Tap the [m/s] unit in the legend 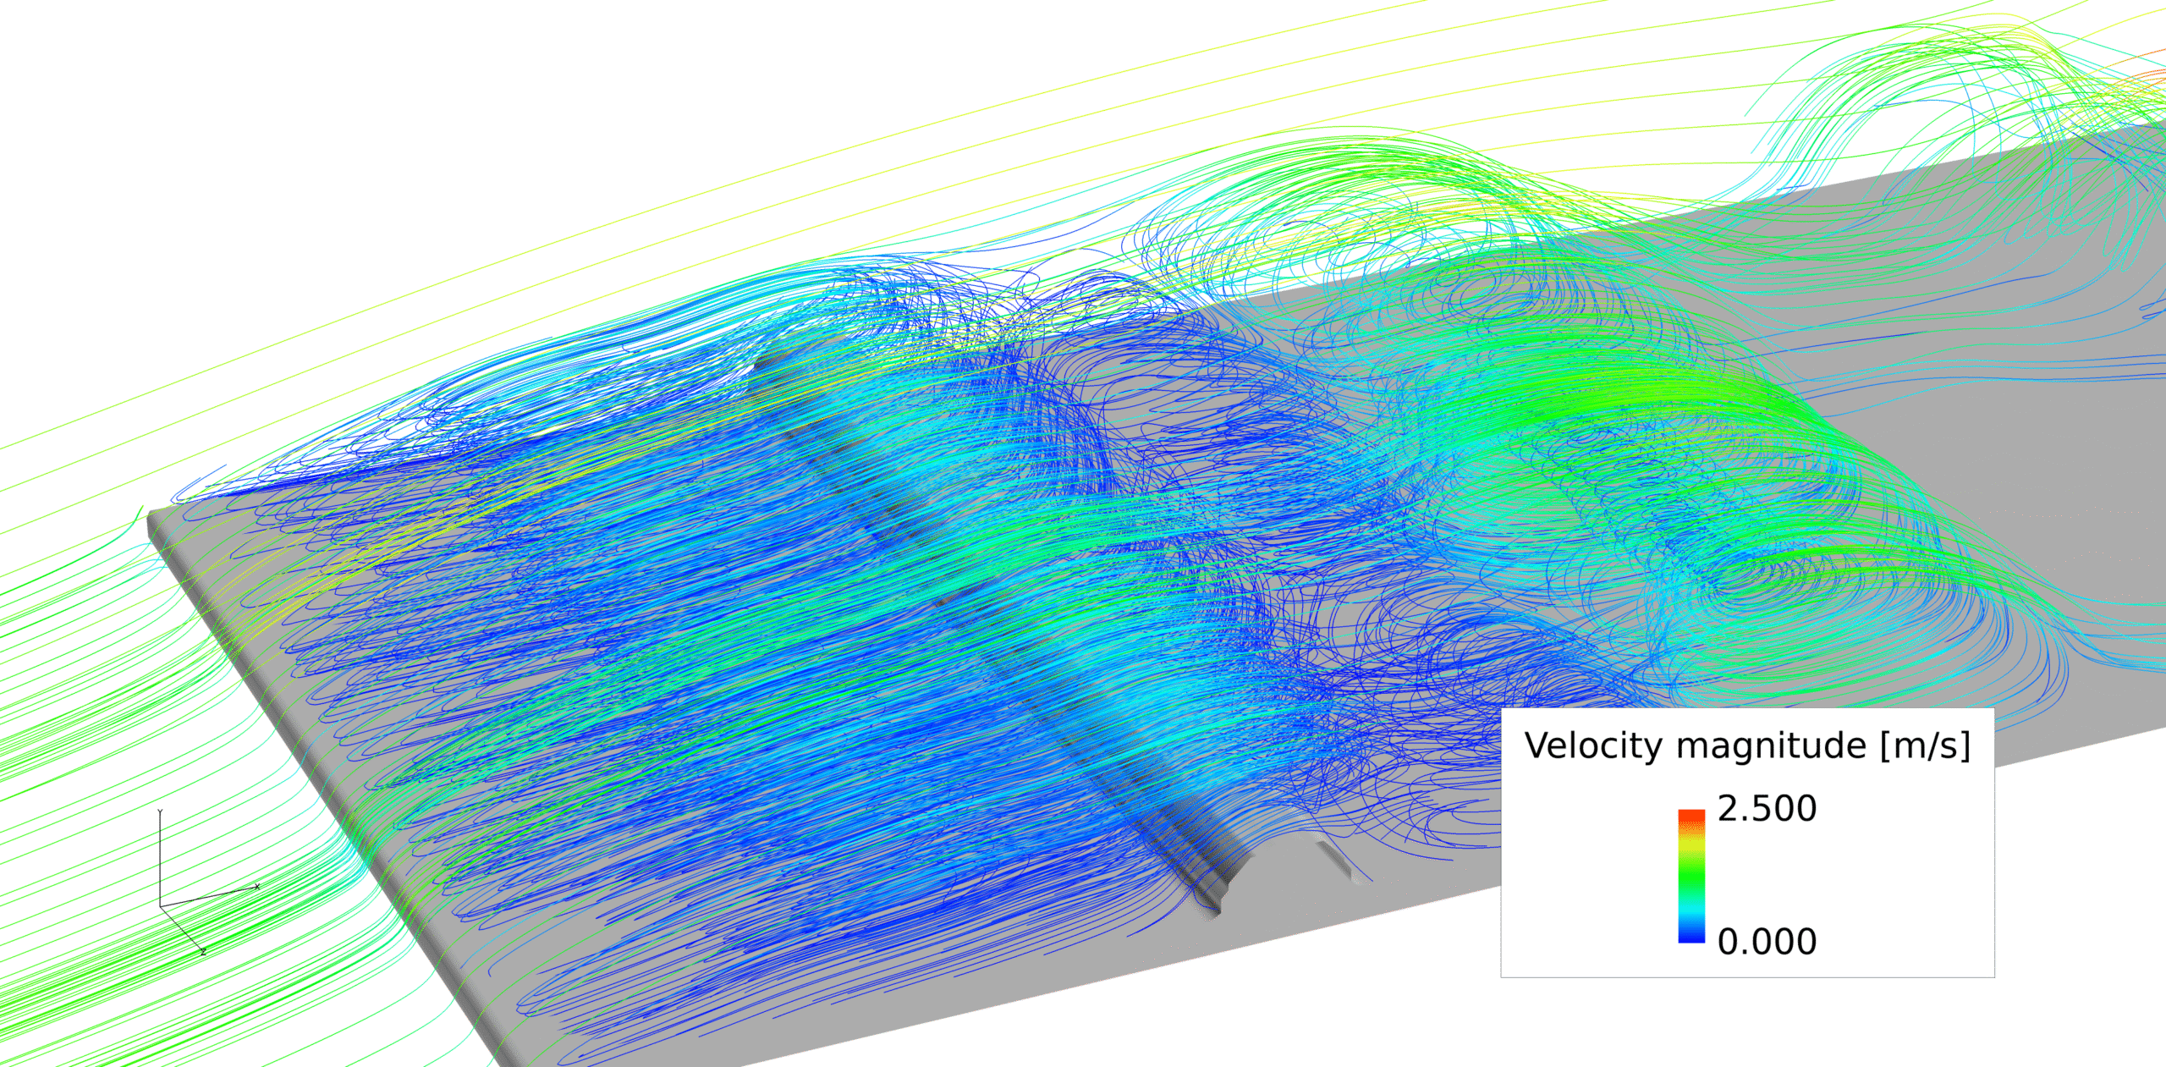pos(1925,747)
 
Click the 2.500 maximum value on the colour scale pos(1767,809)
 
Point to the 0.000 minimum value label pos(1767,942)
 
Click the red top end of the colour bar pos(1691,817)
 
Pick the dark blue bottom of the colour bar pos(1691,934)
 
